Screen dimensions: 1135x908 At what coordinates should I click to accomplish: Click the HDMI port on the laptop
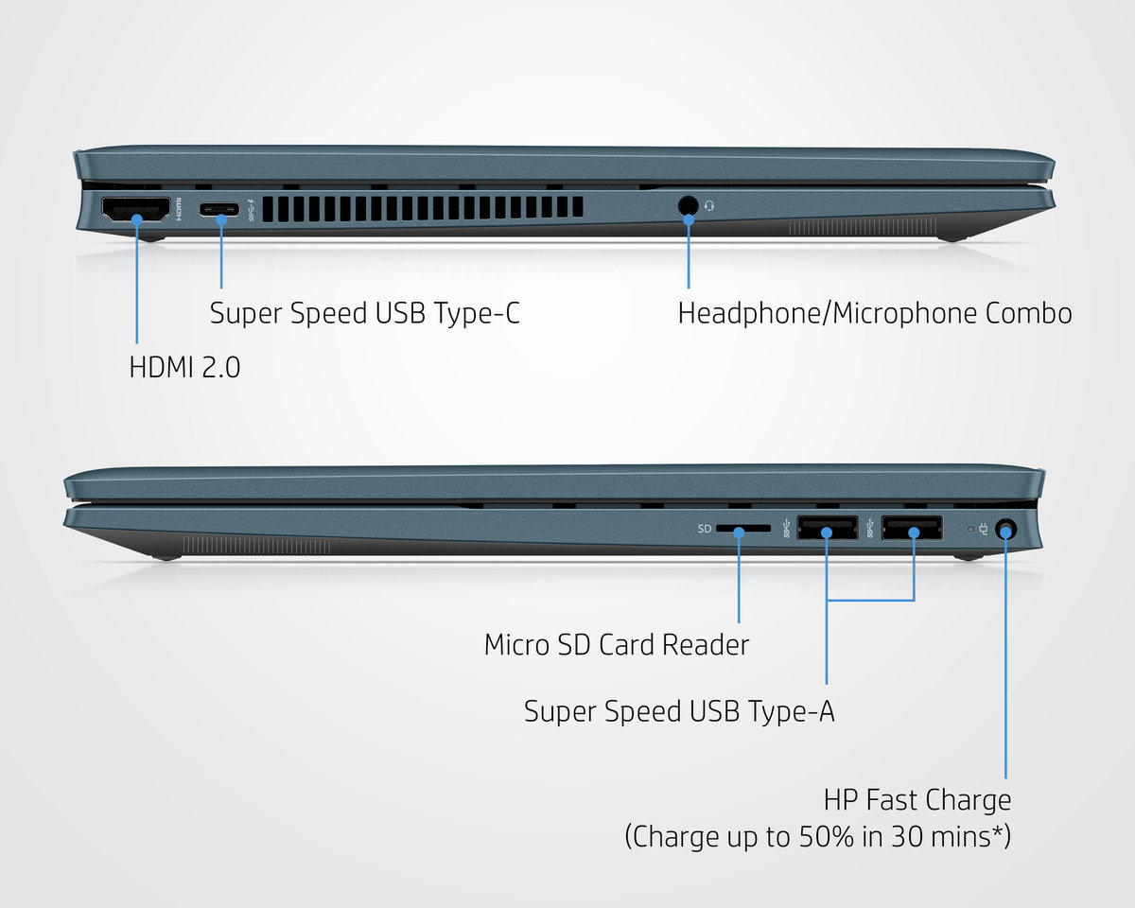(x=136, y=209)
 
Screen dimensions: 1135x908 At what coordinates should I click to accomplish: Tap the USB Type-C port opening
(x=218, y=209)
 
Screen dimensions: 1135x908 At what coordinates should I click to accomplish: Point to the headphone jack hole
(x=688, y=206)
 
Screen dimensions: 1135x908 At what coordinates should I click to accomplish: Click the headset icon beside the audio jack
(x=709, y=205)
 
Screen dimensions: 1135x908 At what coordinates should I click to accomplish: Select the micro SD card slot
(x=743, y=528)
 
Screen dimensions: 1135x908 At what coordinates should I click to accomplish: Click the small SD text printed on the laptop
(x=705, y=529)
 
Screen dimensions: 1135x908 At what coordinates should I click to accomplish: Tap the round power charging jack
(x=1006, y=529)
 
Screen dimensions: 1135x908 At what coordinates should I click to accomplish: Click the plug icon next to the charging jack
(x=983, y=529)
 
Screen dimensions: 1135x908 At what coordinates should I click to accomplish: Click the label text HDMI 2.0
(x=184, y=367)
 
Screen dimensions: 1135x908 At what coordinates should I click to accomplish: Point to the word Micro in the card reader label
(x=516, y=644)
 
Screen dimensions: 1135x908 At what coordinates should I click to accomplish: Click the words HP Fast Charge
(x=917, y=800)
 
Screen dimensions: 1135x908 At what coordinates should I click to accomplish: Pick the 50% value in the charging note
(x=826, y=836)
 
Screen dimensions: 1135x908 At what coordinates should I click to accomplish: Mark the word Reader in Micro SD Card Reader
(x=706, y=644)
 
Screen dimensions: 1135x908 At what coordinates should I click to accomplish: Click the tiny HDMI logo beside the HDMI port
(x=179, y=209)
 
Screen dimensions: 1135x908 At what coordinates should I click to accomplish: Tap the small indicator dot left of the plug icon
(x=970, y=529)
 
